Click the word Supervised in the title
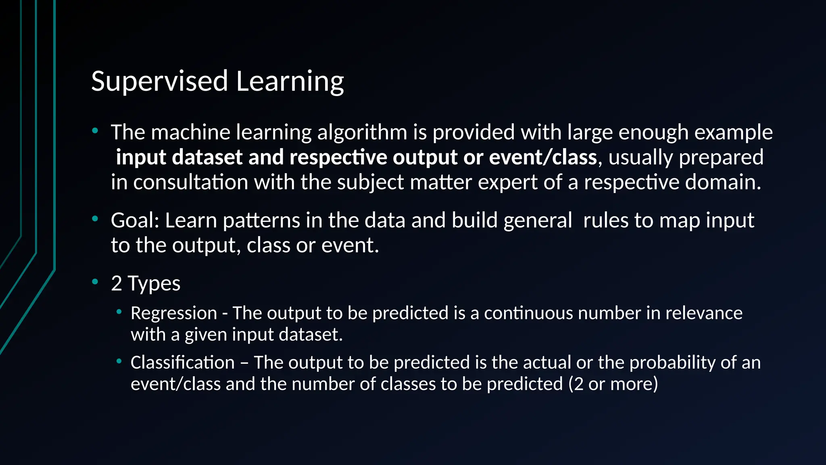(160, 81)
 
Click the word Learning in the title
(290, 81)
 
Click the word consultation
(191, 182)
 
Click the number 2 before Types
(117, 283)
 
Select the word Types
(154, 283)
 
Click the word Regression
(174, 313)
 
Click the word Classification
(182, 362)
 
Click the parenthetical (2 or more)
(613, 384)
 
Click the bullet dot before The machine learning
(95, 130)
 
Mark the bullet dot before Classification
(119, 361)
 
